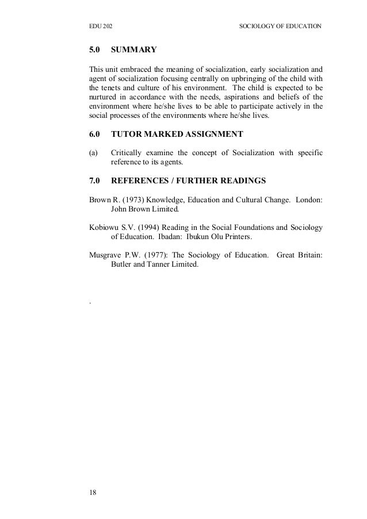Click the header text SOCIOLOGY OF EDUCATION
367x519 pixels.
[280, 26]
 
